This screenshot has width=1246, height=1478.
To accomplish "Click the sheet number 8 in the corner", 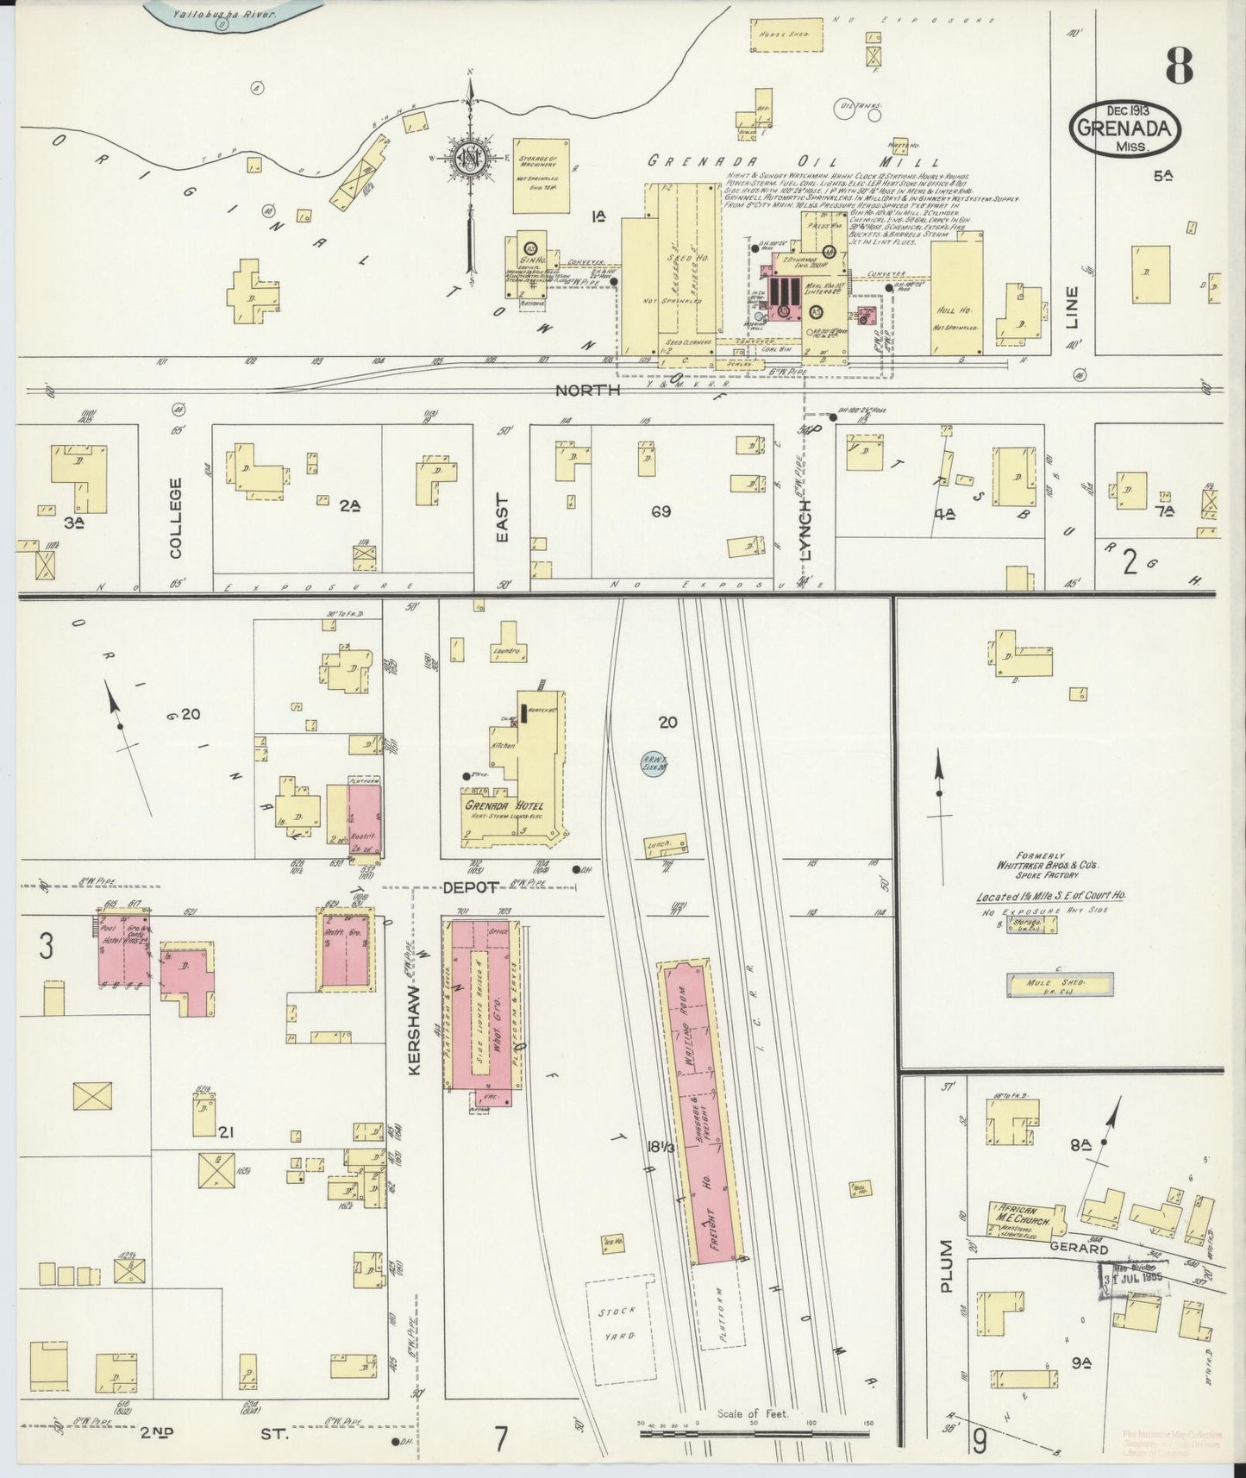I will coord(1179,65).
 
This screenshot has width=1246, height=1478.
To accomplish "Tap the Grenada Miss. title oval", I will coord(1124,129).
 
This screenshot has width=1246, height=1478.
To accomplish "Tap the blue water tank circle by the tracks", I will coord(654,762).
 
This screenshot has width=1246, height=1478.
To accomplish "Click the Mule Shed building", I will coord(1060,984).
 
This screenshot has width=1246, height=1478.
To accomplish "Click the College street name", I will coord(177,517).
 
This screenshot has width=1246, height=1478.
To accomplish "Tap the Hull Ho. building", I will coord(956,297).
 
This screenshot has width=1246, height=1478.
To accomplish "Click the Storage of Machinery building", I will coord(541,175).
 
